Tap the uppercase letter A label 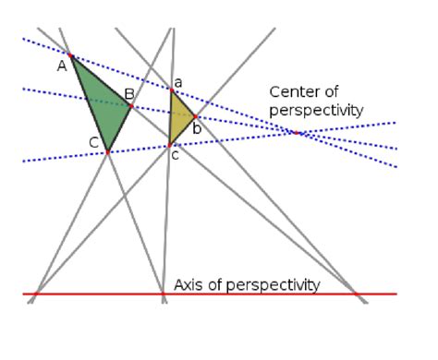pos(62,66)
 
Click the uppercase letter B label pos(129,93)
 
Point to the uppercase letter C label pos(94,141)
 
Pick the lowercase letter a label pos(178,82)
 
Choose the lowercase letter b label pos(197,128)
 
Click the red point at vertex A pos(71,56)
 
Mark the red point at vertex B pos(131,105)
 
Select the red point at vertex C pos(108,150)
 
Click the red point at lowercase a pos(171,90)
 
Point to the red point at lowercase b pos(195,116)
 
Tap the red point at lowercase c pos(169,144)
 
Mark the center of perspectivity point pos(297,133)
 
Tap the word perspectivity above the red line pos(275,284)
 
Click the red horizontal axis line pos(92,294)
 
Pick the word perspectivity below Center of pos(317,110)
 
